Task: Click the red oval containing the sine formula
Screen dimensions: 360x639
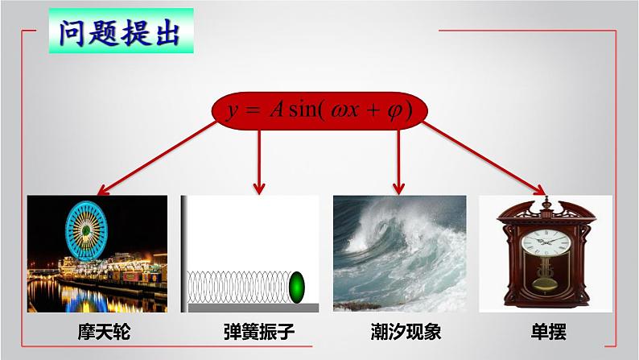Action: coord(319,111)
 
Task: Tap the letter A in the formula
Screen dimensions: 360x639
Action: coord(276,111)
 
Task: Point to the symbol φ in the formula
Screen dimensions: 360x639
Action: coord(393,111)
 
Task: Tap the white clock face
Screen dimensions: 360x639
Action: coord(545,242)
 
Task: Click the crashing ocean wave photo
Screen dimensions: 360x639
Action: coord(400,253)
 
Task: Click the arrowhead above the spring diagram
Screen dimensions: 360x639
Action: coord(259,188)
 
